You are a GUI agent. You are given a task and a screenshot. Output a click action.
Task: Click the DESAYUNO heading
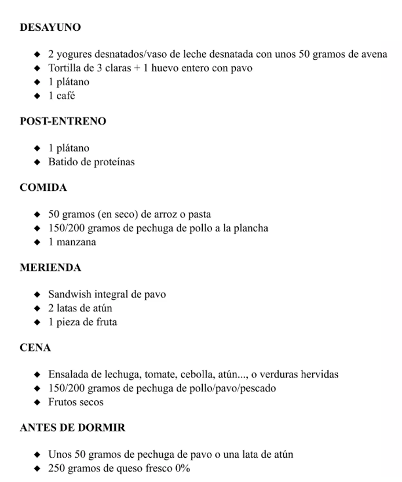(x=50, y=27)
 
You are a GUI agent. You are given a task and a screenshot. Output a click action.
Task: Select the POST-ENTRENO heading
(x=63, y=121)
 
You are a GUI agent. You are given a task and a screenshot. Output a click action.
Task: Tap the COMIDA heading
(x=43, y=188)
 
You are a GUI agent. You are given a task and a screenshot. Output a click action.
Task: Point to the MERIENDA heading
(x=50, y=268)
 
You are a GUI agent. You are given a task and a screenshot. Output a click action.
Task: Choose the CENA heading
(x=35, y=348)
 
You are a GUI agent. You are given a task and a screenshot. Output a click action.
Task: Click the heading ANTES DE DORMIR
(x=72, y=428)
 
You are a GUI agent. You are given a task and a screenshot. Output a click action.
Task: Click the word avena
(x=373, y=55)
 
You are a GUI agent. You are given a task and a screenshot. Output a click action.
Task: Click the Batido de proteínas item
(x=92, y=162)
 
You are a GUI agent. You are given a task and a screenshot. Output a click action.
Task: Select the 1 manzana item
(x=72, y=242)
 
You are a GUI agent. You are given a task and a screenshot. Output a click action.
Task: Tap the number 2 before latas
(x=51, y=308)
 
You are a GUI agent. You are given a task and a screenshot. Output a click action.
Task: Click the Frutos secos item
(x=76, y=401)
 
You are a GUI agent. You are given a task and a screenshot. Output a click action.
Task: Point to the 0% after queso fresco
(x=182, y=468)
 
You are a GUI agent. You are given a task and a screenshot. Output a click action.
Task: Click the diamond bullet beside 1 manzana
(x=38, y=242)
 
